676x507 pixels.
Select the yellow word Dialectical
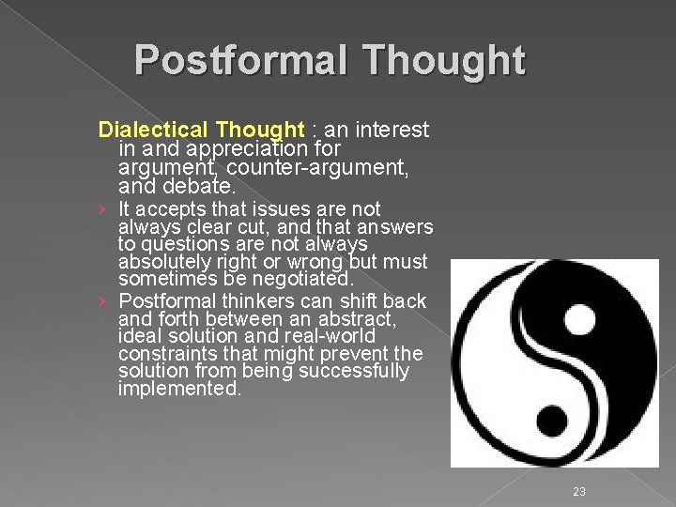[152, 130]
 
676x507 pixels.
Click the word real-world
[331, 336]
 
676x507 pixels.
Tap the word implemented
[179, 389]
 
